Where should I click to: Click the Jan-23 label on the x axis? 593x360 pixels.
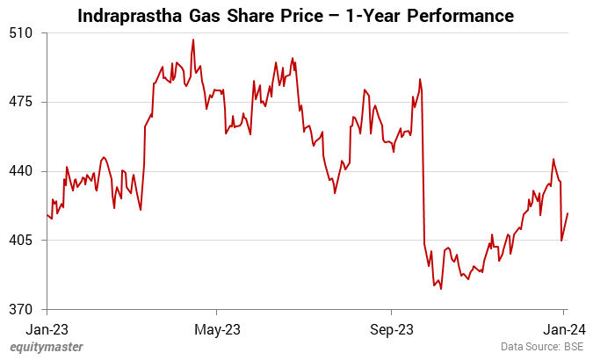pyautogui.click(x=47, y=329)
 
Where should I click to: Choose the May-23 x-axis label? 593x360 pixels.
pyautogui.click(x=217, y=329)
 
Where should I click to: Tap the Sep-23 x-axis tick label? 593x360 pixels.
pyautogui.click(x=391, y=329)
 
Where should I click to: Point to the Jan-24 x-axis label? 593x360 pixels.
pyautogui.click(x=563, y=329)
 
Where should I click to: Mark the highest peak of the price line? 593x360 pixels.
pyautogui.click(x=193, y=40)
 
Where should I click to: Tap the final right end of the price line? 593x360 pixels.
pyautogui.click(x=568, y=213)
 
